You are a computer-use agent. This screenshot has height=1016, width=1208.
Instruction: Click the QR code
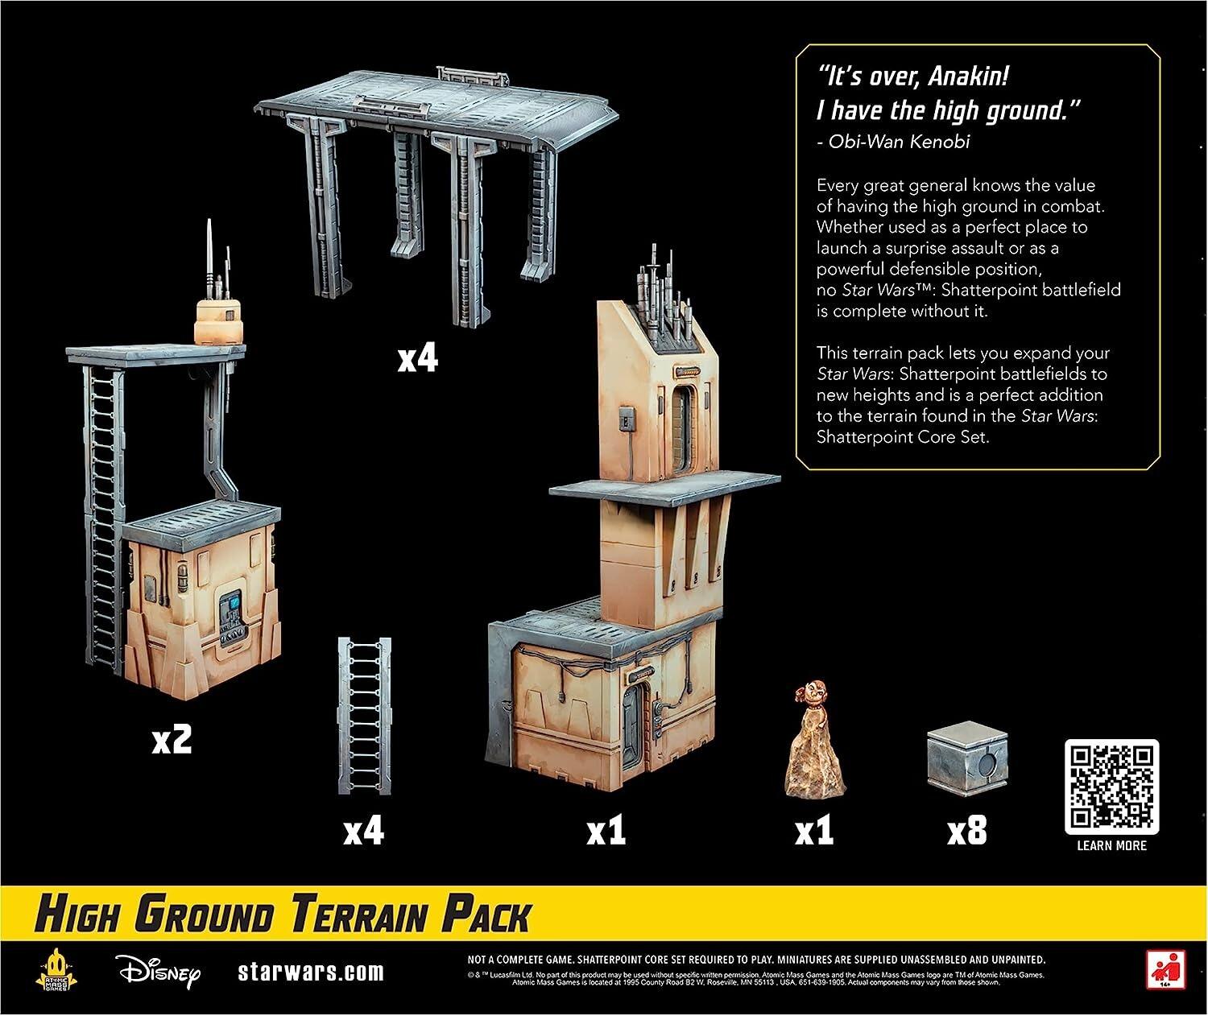tap(1111, 787)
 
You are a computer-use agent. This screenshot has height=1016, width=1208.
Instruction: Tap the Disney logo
tap(158, 972)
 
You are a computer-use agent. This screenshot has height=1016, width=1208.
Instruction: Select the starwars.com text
tap(311, 972)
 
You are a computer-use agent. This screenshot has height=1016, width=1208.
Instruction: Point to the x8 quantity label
tap(966, 832)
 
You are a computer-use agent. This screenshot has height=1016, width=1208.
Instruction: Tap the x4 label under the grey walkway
tap(418, 358)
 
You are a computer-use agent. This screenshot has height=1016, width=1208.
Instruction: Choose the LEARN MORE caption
tap(1111, 845)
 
